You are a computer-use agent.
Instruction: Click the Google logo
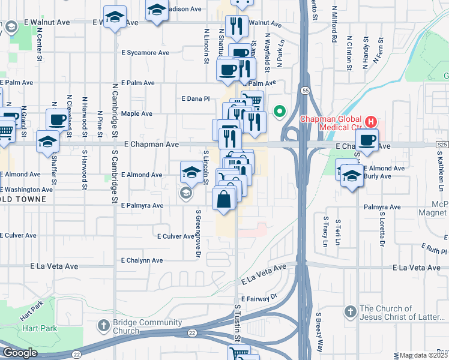(20, 353)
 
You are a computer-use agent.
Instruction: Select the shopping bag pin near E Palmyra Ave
(223, 199)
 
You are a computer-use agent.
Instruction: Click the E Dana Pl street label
(195, 98)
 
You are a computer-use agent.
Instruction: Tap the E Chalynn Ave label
(142, 260)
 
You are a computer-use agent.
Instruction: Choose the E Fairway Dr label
(261, 298)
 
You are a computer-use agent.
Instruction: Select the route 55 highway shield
(306, 91)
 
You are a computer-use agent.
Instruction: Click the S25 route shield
(442, 145)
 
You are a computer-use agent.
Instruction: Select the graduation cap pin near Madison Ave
(157, 11)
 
